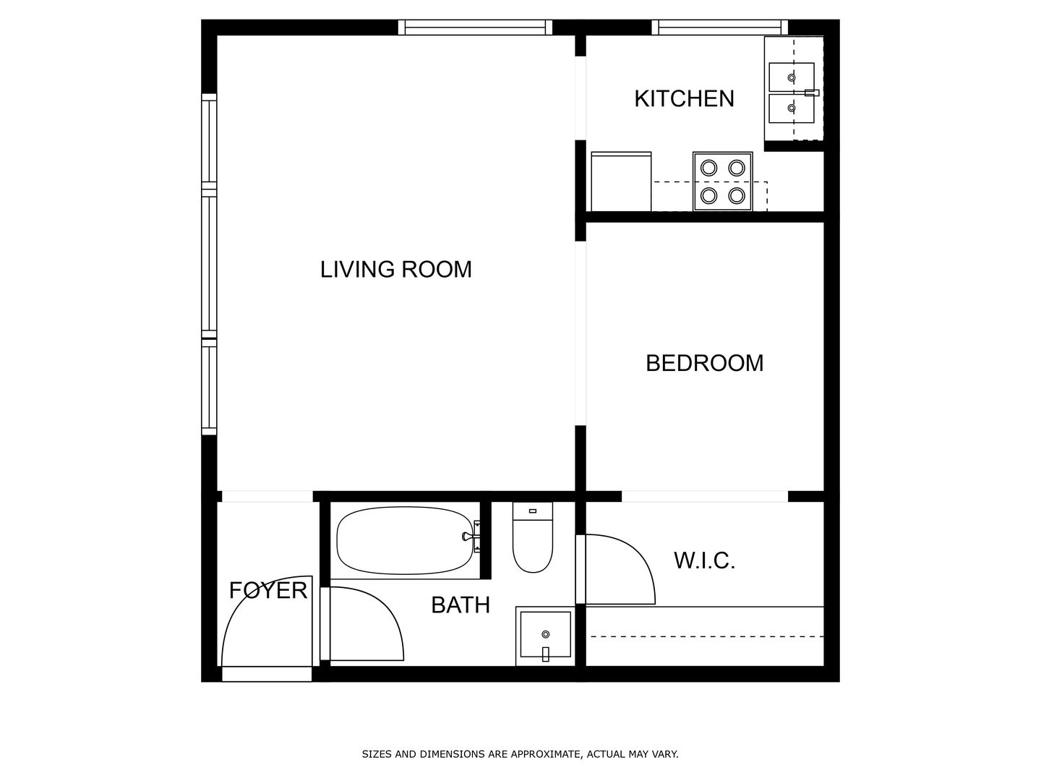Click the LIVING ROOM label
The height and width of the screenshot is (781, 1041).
click(x=396, y=269)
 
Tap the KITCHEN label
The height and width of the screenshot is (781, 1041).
click(x=685, y=98)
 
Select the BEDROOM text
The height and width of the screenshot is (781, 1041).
click(x=705, y=363)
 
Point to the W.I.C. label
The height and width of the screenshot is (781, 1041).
click(x=704, y=560)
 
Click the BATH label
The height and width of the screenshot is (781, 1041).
click(x=460, y=605)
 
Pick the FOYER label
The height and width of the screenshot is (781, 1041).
click(x=268, y=590)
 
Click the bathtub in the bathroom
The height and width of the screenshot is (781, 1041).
click(x=406, y=541)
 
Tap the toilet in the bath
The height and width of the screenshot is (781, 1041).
click(x=533, y=537)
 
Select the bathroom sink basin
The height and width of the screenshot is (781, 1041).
click(x=545, y=635)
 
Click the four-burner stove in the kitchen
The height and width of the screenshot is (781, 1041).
click(x=722, y=181)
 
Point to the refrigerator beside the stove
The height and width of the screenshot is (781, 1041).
click(x=621, y=181)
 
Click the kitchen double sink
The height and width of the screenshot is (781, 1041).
click(x=792, y=93)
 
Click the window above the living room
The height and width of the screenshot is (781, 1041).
click(x=475, y=27)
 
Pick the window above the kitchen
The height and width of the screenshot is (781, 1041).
click(x=719, y=27)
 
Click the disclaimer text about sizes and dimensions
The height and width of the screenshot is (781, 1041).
click(x=520, y=754)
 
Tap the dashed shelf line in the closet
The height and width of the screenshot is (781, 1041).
click(x=706, y=637)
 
